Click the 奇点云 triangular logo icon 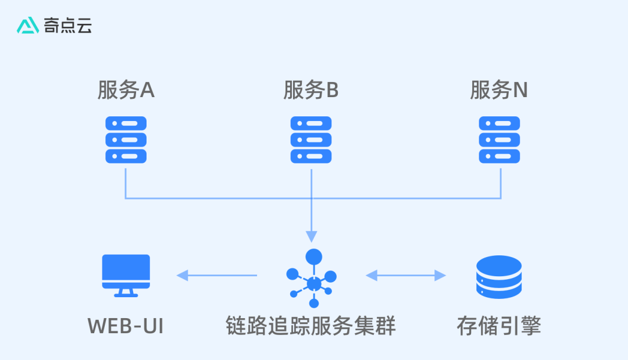(28, 25)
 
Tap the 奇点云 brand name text (68, 25)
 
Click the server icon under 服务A (126, 140)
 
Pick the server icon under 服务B (311, 140)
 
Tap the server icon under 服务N (499, 140)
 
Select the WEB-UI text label (126, 326)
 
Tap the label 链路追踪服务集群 (311, 326)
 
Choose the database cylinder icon (498, 277)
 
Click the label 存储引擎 (499, 326)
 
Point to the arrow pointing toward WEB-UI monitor (217, 276)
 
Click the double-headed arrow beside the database (405, 276)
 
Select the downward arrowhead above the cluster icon (312, 236)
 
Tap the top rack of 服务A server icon (126, 123)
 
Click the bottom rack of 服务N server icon (499, 156)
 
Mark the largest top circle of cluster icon (314, 256)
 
